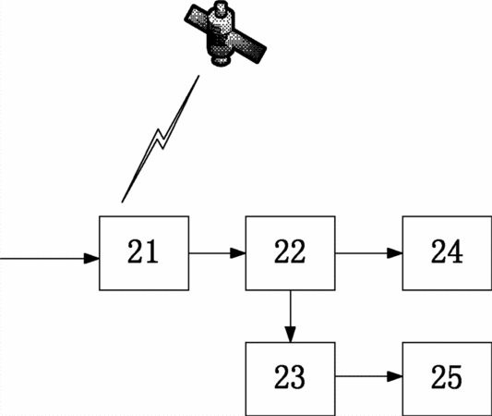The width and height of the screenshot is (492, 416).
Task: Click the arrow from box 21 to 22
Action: pyautogui.click(x=217, y=253)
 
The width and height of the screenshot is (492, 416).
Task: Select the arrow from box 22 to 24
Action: pyautogui.click(x=368, y=253)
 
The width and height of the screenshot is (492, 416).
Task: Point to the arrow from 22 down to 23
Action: pyautogui.click(x=290, y=316)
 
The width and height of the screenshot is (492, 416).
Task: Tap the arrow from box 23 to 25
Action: pyautogui.click(x=368, y=376)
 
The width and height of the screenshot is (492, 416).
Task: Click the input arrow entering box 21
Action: pyautogui.click(x=50, y=259)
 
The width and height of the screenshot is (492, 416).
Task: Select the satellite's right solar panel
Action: pyautogui.click(x=248, y=45)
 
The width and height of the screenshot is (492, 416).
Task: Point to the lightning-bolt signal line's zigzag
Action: pyautogui.click(x=161, y=139)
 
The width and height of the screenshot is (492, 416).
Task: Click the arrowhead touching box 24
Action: pyautogui.click(x=395, y=253)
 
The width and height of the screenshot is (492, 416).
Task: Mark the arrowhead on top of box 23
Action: pyautogui.click(x=290, y=335)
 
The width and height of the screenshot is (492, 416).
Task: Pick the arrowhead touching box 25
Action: pyautogui.click(x=395, y=376)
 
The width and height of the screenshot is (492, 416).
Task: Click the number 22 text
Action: pyautogui.click(x=290, y=251)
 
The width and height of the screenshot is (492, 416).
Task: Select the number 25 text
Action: pyautogui.click(x=447, y=377)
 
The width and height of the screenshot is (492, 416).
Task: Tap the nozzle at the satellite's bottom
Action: pyautogui.click(x=221, y=61)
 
